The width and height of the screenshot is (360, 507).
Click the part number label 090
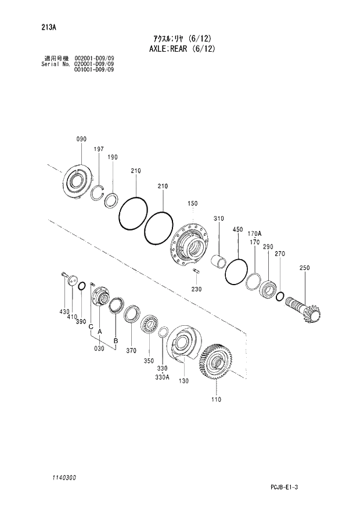[81, 139]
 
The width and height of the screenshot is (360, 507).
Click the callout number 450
[237, 229]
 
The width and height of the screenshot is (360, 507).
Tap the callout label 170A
[254, 235]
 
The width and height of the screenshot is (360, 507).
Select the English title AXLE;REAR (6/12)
[180, 49]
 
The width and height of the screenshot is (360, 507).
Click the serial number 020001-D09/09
[94, 64]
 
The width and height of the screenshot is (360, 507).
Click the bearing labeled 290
[267, 287]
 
